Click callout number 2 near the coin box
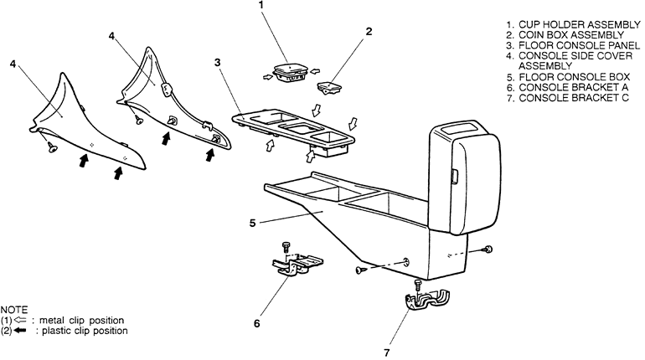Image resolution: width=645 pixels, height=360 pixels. pyautogui.click(x=369, y=32)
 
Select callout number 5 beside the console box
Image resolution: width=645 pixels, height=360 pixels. pyautogui.click(x=252, y=223)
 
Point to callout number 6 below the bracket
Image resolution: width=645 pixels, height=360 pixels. pyautogui.click(x=257, y=321)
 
